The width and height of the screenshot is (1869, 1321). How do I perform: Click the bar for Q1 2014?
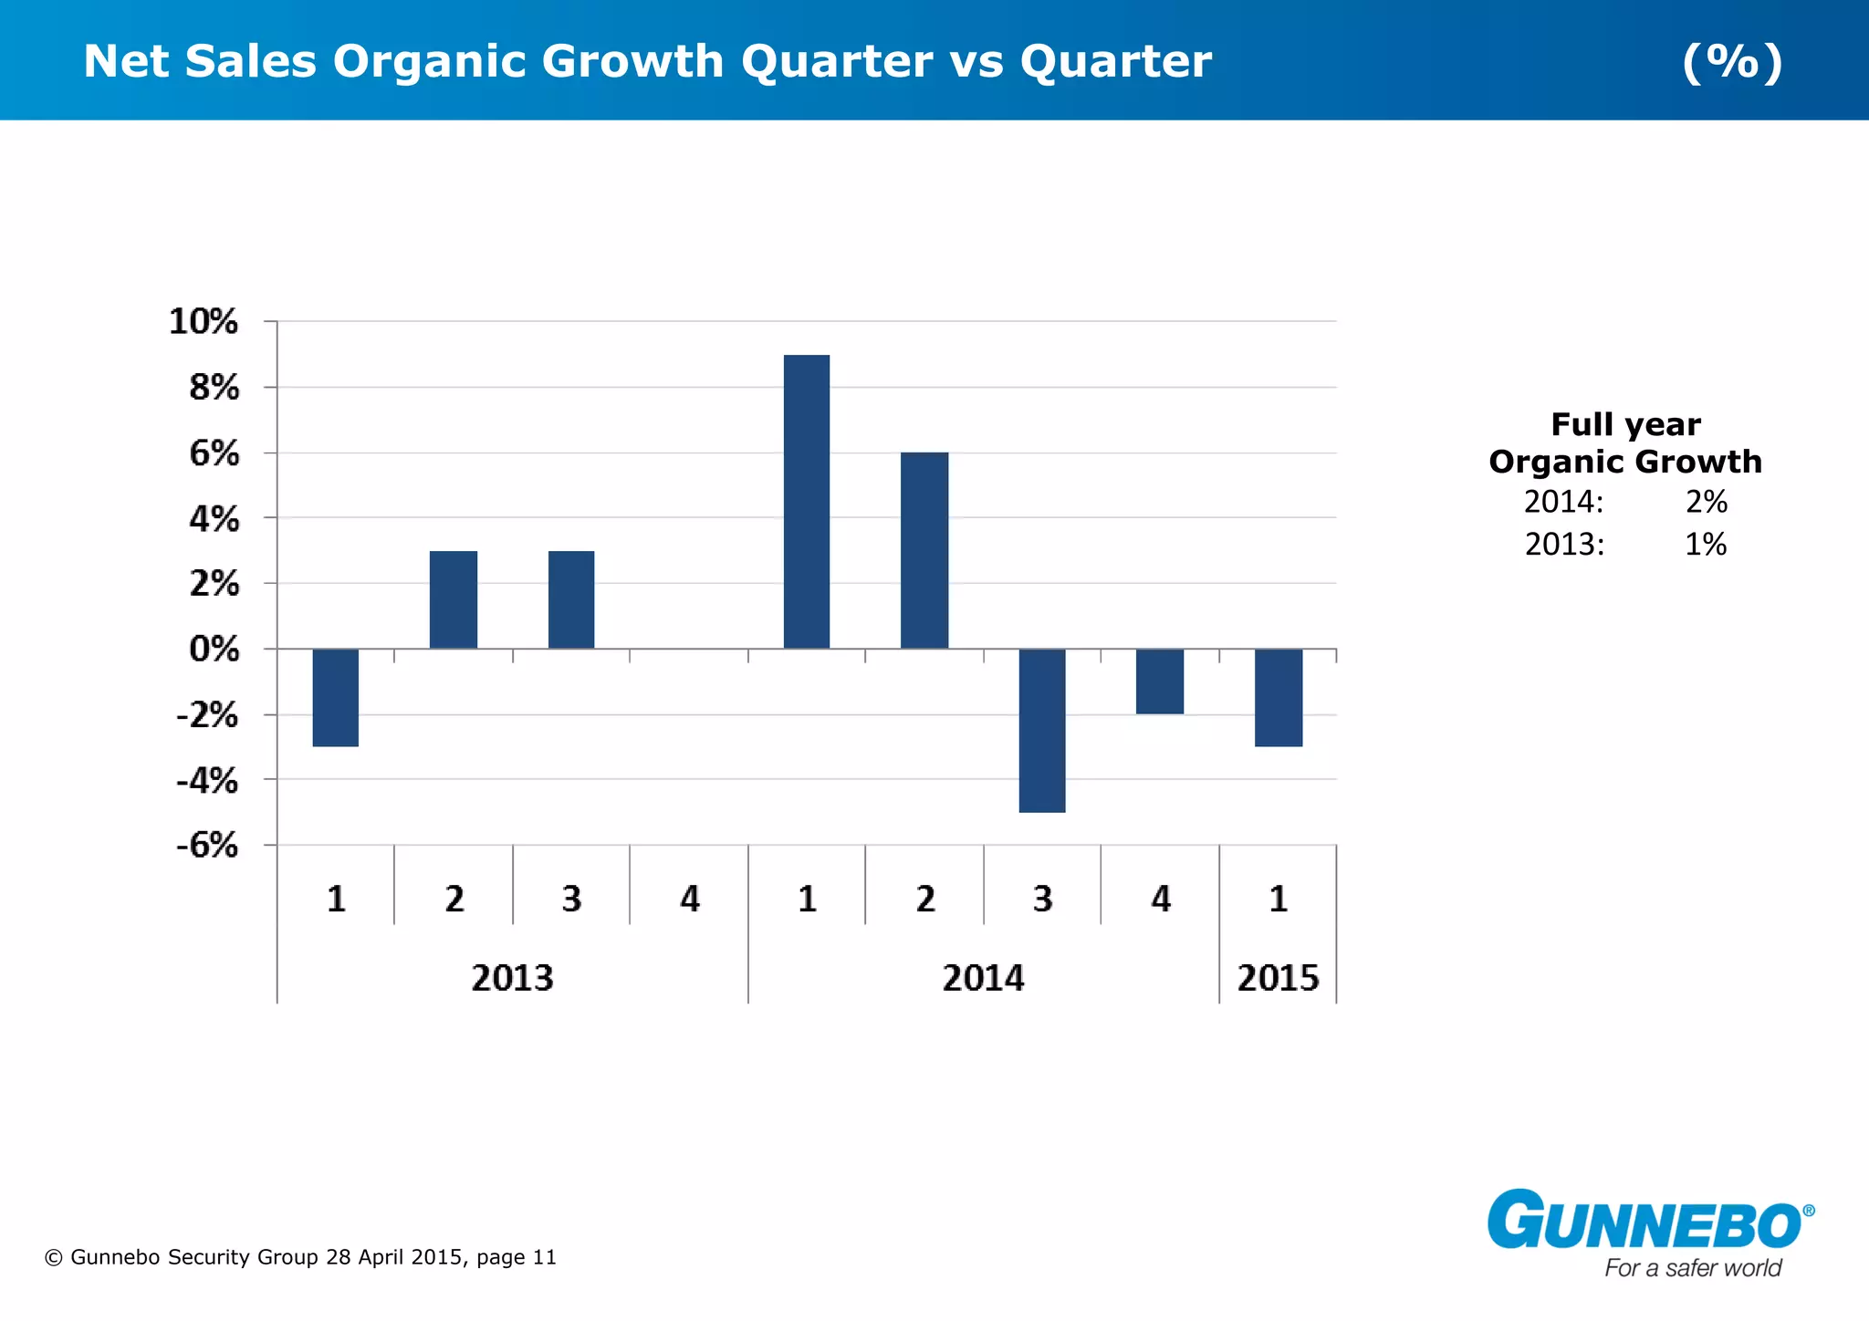tap(807, 502)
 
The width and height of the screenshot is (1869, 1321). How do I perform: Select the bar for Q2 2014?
tap(924, 550)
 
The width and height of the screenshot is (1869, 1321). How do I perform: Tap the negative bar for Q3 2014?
tap(1042, 730)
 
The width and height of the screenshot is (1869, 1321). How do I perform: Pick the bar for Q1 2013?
tap(336, 697)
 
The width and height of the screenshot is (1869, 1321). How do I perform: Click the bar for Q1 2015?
tap(1279, 697)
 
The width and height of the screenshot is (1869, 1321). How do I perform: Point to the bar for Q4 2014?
tap(1160, 681)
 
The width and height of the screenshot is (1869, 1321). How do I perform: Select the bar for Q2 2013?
tap(454, 599)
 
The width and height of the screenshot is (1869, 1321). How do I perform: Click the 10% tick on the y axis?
tap(204, 321)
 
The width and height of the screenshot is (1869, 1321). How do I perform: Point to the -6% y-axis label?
tap(207, 845)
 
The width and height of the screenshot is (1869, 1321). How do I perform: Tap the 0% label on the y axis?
tap(214, 649)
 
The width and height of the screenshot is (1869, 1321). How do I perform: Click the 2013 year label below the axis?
tap(512, 978)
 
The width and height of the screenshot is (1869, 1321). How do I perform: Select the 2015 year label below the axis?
tap(1278, 978)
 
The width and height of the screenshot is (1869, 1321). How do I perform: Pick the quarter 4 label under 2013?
tap(690, 899)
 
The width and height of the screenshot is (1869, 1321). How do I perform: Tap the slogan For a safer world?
tap(1693, 1268)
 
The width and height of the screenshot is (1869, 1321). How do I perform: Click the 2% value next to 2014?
tap(1706, 502)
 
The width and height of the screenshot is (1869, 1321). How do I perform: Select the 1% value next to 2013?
tap(1705, 545)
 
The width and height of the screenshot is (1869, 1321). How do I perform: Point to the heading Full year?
tap(1625, 424)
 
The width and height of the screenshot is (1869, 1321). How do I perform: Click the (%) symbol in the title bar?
tap(1732, 61)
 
